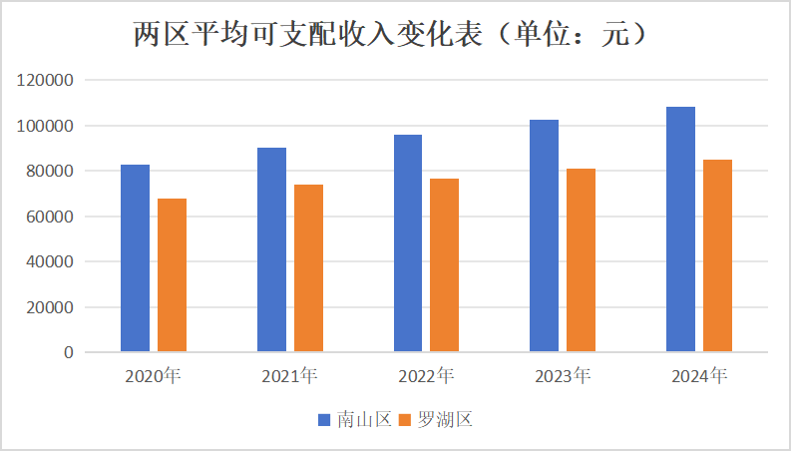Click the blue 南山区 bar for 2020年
(x=135, y=258)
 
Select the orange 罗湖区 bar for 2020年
(x=172, y=275)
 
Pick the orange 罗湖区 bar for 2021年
(x=308, y=268)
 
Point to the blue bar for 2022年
(x=408, y=243)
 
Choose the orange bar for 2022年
(x=445, y=265)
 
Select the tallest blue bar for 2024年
(x=680, y=229)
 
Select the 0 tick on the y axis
(x=68, y=352)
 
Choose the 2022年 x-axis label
(x=426, y=376)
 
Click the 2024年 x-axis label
(x=699, y=376)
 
